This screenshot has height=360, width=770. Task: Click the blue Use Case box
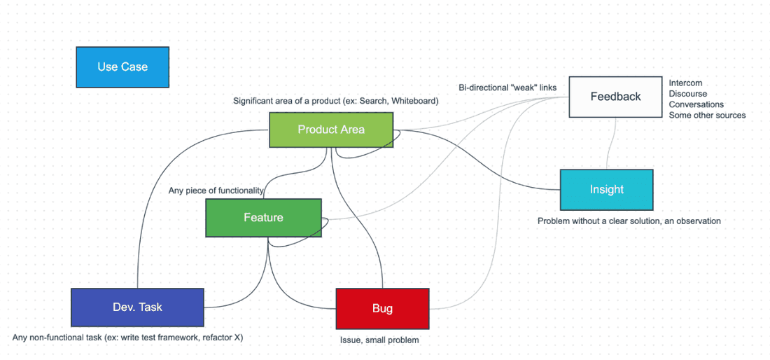122,67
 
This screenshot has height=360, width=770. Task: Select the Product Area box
331,130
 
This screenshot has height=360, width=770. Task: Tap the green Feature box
263,218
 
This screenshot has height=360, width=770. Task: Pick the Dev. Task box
137,307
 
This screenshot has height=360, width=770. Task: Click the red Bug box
382,308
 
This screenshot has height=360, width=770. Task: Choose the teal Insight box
606,190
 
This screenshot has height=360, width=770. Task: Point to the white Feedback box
615,97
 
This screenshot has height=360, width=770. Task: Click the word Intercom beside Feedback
685,83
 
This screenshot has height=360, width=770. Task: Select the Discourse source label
687,94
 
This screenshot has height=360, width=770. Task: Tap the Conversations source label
696,104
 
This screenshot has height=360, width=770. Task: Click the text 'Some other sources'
707,115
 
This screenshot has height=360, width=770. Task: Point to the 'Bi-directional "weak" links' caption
507,88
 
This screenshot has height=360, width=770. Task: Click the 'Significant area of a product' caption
335,101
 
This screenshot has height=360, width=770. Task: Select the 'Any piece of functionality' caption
216,191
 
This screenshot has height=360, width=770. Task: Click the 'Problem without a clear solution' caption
629,221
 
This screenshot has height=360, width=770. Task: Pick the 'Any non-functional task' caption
127,338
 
